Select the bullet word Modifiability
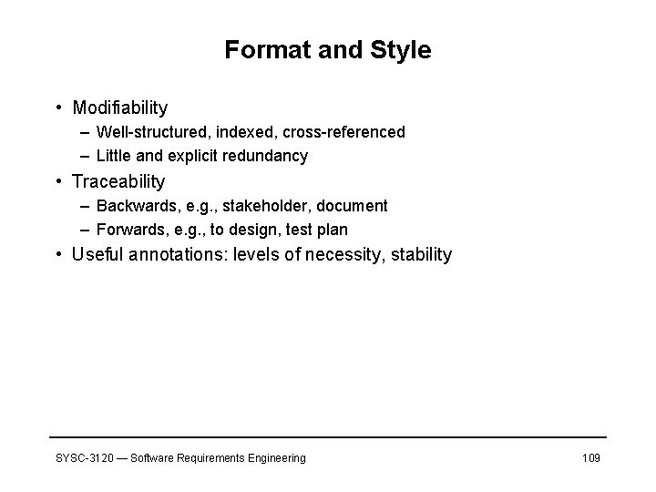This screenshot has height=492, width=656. point(120,108)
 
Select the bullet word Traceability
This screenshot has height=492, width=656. point(118,181)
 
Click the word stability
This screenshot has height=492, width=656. point(420,255)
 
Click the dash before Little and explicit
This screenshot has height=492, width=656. point(84,156)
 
